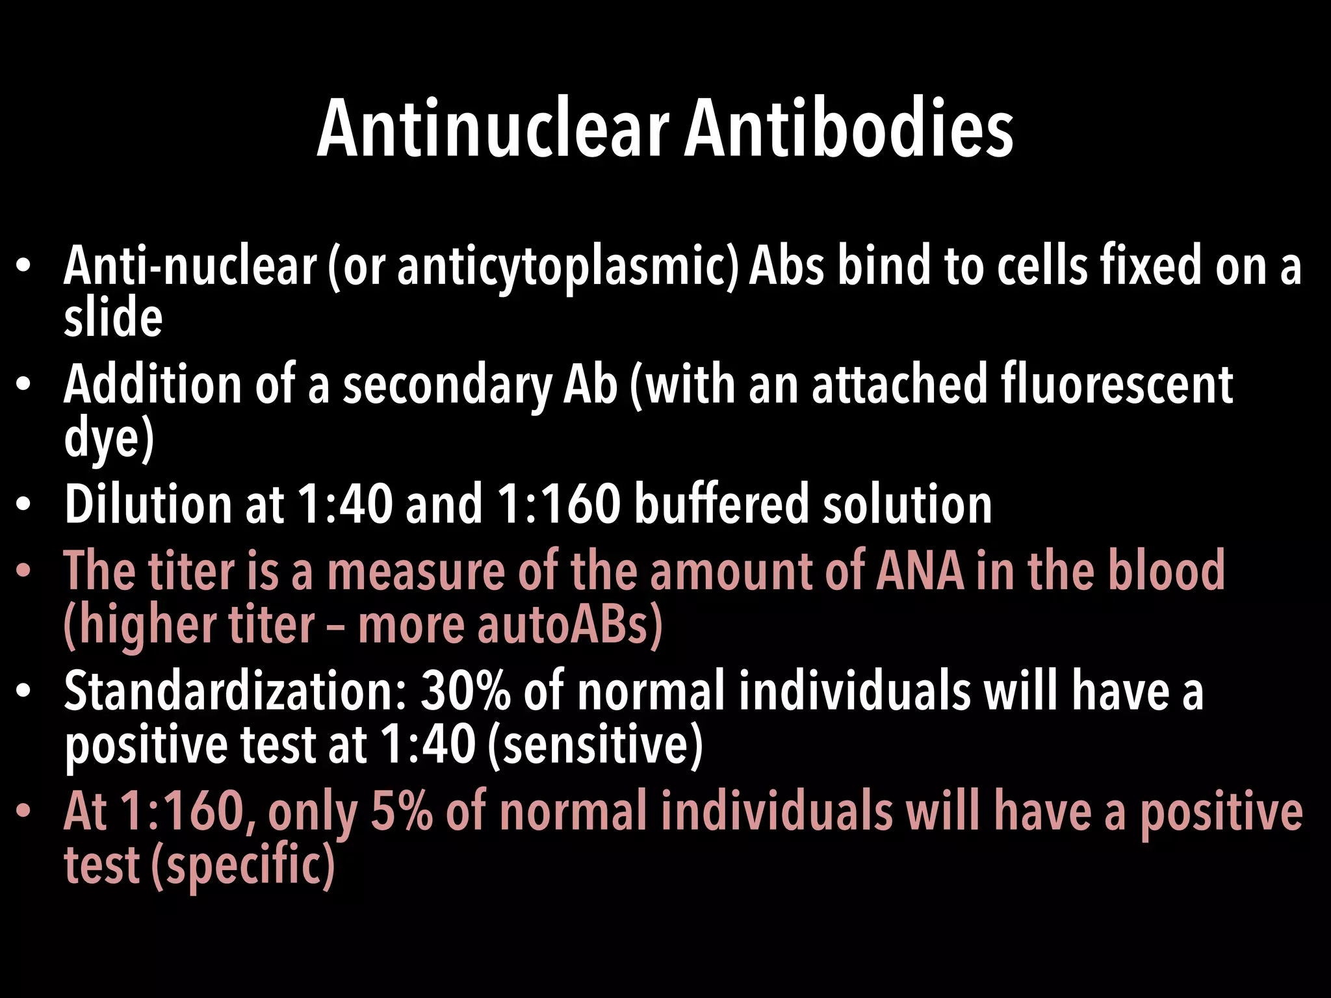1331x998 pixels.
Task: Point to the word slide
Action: click(113, 318)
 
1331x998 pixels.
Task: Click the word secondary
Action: click(447, 386)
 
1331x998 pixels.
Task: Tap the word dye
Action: click(104, 439)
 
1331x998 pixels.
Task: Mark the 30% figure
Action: click(466, 691)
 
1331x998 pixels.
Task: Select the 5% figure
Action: click(401, 812)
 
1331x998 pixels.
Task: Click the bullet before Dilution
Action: click(24, 505)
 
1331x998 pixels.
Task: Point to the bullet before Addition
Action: click(24, 385)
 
